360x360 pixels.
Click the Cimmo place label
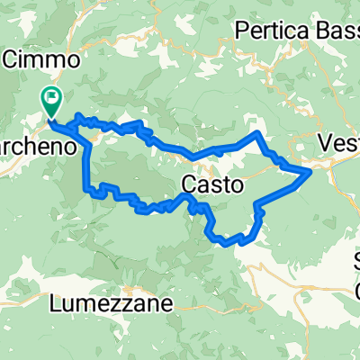pos(44,60)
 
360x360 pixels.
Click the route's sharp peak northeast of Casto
pos(259,134)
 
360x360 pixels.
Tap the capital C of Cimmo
pos(12,60)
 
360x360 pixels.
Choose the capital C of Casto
pos(189,185)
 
